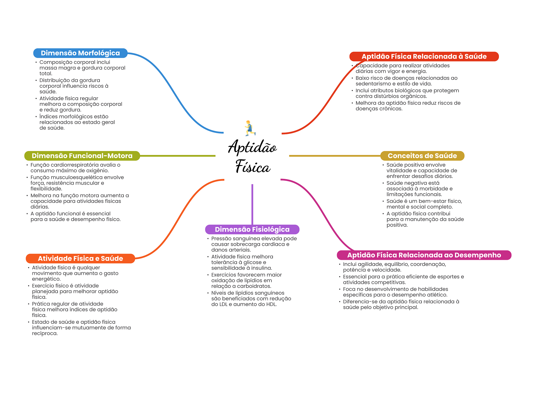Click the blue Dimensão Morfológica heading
coord(80,53)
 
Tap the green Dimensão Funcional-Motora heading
coord(82,156)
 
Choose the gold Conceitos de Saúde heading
coord(422,156)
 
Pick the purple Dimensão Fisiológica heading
coord(252,229)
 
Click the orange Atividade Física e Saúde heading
coord(80,258)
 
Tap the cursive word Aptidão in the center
coord(252,147)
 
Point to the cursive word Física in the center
coord(253,167)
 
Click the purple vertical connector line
coord(252,204)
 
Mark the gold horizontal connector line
coord(334,156)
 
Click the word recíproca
coord(45,333)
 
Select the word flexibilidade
coord(46,189)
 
